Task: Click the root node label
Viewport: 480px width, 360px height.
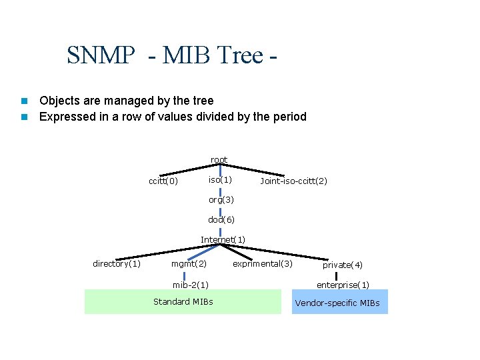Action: point(219,160)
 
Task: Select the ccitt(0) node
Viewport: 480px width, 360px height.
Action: point(163,181)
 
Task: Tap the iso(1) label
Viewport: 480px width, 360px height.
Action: point(220,180)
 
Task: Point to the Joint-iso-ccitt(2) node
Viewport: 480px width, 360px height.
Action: point(293,181)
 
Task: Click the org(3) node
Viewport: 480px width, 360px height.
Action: point(221,199)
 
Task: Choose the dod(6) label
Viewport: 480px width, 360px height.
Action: point(221,219)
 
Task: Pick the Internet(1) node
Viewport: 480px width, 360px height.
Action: point(223,239)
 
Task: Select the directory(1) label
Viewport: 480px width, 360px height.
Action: point(117,264)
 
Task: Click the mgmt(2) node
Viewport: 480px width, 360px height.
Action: point(189,264)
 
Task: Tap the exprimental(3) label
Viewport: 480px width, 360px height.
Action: point(262,264)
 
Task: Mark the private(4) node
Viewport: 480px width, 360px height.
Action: point(343,265)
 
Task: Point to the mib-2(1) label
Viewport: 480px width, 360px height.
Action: point(191,285)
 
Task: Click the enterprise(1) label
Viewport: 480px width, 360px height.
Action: point(343,285)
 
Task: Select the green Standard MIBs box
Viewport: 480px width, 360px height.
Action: point(183,301)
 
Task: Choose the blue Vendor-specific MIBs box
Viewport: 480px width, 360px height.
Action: point(339,303)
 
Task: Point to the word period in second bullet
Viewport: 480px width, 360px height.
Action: point(289,117)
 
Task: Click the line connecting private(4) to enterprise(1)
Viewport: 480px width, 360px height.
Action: point(337,275)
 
